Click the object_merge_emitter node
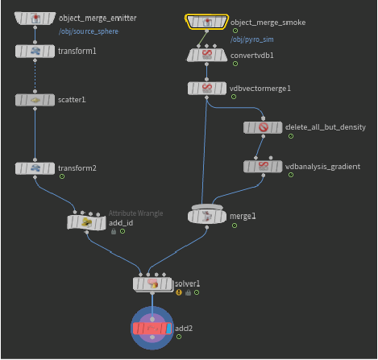[35, 19]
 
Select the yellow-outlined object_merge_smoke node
[206, 22]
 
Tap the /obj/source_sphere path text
[89, 31]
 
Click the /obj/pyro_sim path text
[252, 39]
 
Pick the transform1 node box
[35, 51]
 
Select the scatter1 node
[35, 100]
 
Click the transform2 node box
[35, 168]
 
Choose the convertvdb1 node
[206, 55]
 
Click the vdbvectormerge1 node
[206, 88]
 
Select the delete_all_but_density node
[263, 127]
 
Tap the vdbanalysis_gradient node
[263, 167]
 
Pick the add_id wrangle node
[86, 222]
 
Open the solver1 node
[153, 283]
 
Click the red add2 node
[152, 328]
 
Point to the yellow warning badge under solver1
[179, 292]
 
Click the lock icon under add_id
[114, 231]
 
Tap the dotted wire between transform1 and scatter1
[35, 76]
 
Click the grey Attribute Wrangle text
[135, 213]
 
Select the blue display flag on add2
[168, 329]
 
